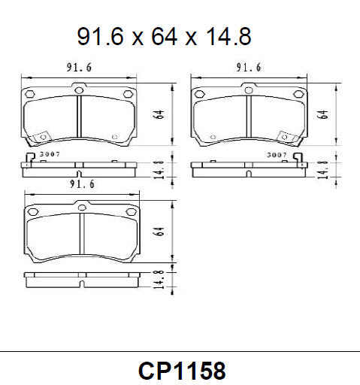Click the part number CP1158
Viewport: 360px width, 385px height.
click(181, 371)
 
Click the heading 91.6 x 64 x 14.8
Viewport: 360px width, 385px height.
click(164, 35)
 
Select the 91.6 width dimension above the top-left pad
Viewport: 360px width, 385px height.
click(78, 68)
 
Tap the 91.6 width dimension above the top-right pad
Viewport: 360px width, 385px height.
click(248, 68)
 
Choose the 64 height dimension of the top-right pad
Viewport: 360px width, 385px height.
click(324, 114)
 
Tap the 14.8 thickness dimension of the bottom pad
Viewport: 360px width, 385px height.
click(159, 280)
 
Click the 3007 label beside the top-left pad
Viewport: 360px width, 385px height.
click(50, 154)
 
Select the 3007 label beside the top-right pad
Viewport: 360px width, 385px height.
click(277, 154)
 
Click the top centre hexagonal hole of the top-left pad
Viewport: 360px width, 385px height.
click(80, 89)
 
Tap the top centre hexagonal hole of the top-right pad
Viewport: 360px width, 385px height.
click(249, 89)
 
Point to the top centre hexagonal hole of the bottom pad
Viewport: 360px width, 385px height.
click(81, 203)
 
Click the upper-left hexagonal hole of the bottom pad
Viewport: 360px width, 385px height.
click(32, 213)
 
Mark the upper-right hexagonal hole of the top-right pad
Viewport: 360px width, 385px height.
click(297, 94)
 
